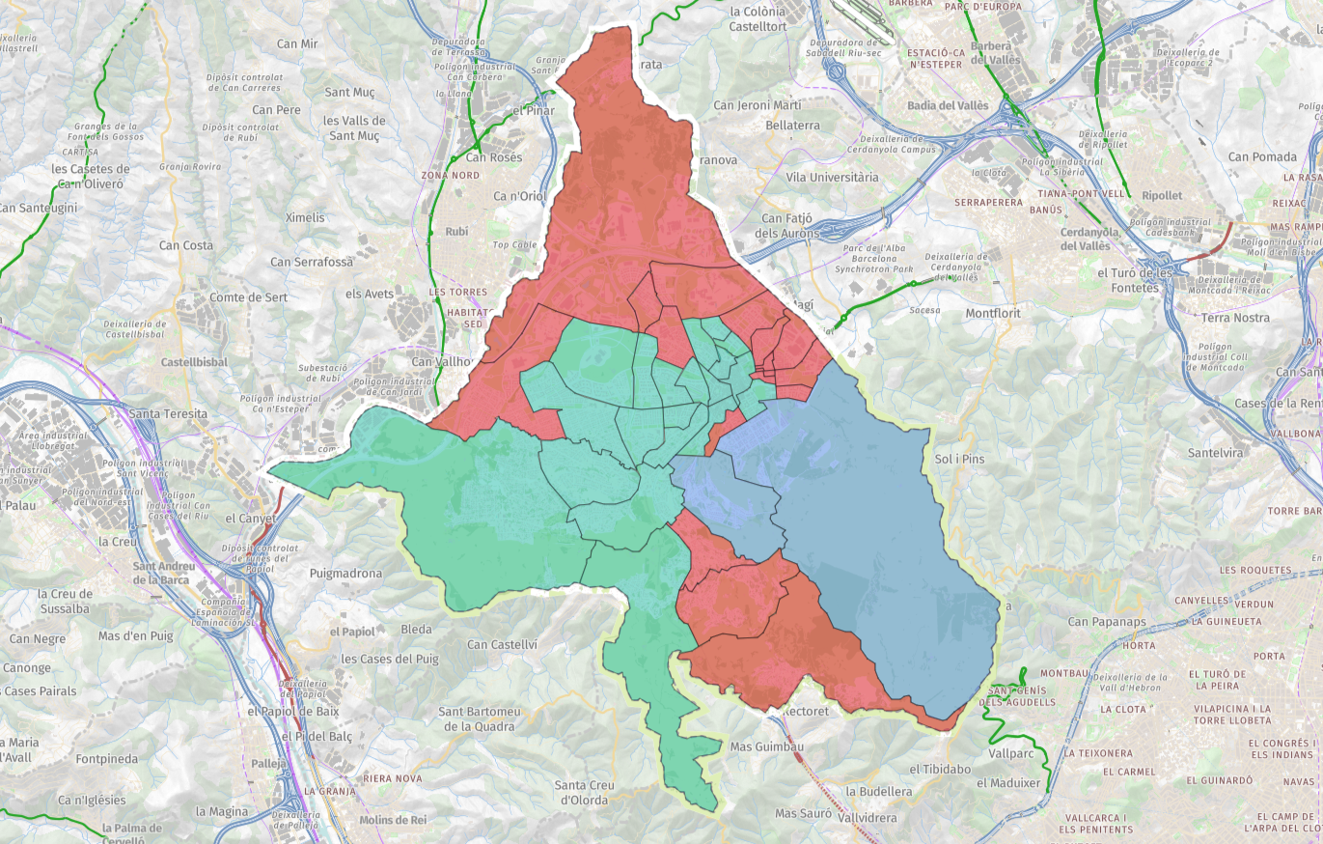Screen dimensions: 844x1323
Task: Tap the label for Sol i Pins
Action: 959,459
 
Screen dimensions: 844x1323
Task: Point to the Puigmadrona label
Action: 345,573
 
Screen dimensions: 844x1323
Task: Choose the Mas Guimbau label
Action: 767,746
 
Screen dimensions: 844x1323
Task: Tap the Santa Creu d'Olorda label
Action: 584,792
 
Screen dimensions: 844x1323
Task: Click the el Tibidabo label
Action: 939,769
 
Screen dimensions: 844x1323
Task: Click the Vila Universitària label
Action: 832,178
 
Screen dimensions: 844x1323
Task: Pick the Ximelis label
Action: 305,217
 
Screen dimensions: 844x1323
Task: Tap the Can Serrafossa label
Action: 308,262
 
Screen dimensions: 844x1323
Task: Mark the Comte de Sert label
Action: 248,297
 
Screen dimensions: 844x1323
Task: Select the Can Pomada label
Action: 1262,156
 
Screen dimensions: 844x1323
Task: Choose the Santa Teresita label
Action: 167,413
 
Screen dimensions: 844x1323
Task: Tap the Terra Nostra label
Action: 1235,318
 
